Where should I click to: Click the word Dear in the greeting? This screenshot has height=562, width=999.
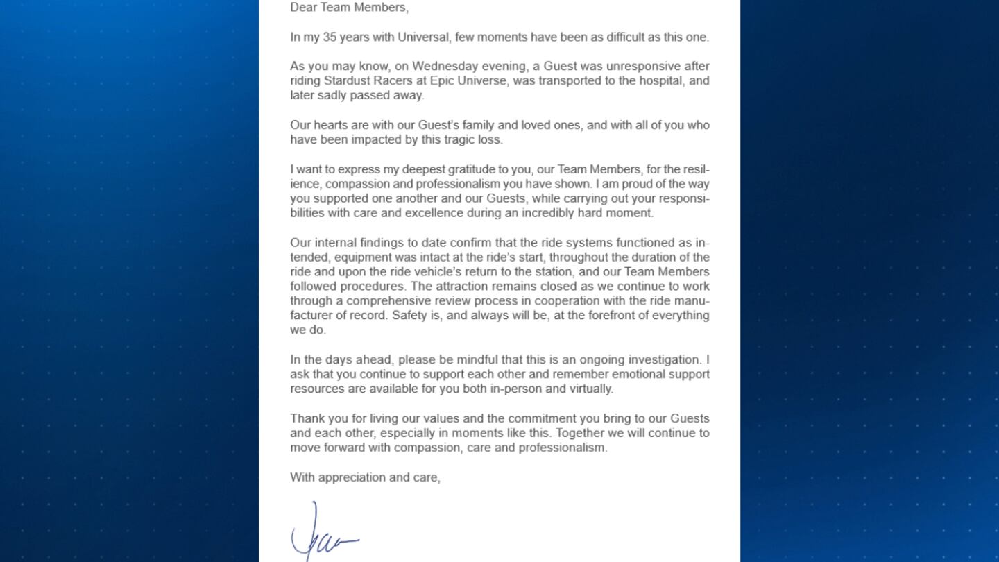303,8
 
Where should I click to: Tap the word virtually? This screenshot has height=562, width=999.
589,389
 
